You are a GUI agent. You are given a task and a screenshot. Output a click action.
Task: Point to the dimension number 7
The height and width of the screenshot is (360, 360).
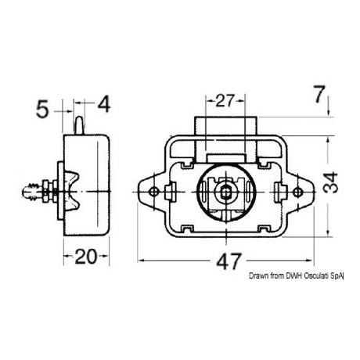[x=317, y=96]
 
